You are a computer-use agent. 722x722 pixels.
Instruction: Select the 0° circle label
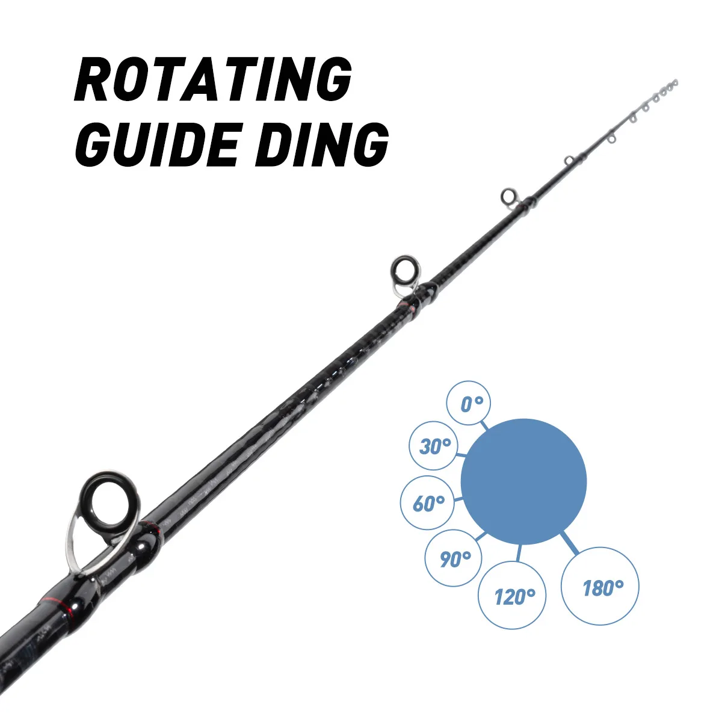tap(469, 403)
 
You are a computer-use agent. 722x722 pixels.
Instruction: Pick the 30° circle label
tap(434, 446)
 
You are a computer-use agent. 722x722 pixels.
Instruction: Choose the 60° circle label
tap(428, 503)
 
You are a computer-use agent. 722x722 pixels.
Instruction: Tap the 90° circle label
tap(454, 558)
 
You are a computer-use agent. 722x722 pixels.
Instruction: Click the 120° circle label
tap(513, 596)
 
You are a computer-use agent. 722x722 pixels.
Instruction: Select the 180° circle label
tap(600, 587)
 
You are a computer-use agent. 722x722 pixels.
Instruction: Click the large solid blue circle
tap(523, 481)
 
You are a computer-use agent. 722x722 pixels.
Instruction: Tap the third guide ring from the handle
tap(509, 196)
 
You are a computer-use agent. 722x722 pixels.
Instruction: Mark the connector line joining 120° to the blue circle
tap(519, 554)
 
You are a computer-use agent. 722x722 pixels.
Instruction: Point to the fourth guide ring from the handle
tap(569, 161)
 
